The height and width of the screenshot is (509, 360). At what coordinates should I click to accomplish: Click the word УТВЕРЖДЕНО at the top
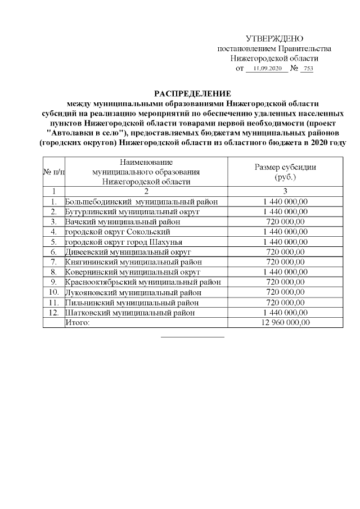coord(275,39)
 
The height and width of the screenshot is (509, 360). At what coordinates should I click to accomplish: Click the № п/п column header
coord(53,172)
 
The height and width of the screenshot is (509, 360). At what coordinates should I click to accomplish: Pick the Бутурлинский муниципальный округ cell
coord(132,211)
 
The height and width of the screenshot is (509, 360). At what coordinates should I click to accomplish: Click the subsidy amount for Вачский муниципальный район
coord(285,222)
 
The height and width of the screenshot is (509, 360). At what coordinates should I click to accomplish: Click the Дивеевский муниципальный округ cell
coord(129,252)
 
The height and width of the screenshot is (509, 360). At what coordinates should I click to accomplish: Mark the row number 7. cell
coord(53,262)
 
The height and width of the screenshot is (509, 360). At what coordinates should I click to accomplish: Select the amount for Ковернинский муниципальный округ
coord(285,272)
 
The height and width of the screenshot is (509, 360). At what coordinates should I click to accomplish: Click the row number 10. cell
coord(53,292)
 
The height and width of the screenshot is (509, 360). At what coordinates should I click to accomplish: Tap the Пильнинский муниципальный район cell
coord(132,303)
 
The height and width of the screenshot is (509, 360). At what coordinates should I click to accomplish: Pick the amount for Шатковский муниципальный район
coord(285,313)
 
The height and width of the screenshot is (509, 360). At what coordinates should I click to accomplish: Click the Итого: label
coord(78,323)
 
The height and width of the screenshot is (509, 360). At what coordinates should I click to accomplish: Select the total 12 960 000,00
coord(285,323)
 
